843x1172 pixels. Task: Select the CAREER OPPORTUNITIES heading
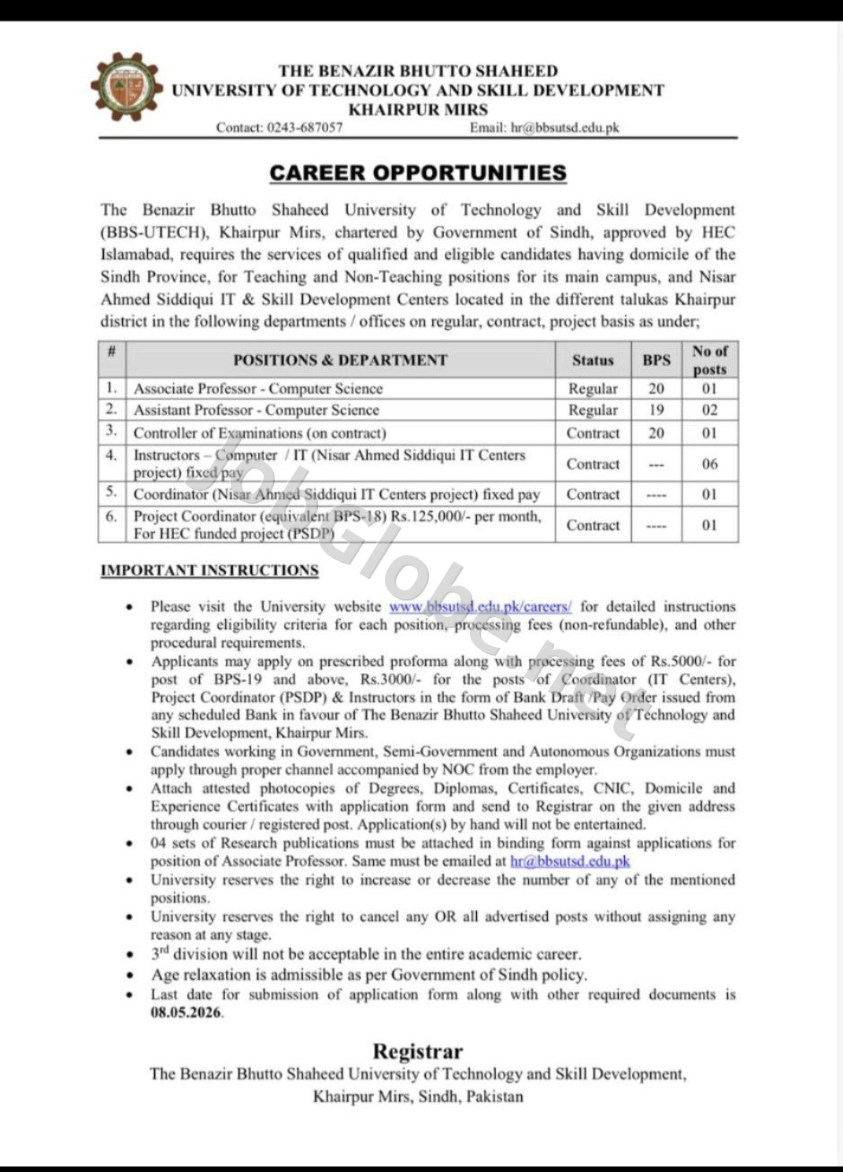(x=417, y=173)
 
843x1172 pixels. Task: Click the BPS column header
(x=656, y=360)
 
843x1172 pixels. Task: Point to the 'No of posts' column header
(x=709, y=360)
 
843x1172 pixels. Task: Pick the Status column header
(x=593, y=360)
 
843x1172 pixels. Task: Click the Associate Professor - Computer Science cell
(x=258, y=389)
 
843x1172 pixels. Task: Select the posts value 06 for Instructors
(x=709, y=464)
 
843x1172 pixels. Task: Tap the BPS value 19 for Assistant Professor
(x=656, y=410)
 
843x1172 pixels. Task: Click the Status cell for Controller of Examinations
(x=593, y=433)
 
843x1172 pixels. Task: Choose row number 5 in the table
(x=112, y=494)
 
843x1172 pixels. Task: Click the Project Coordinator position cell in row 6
(x=337, y=525)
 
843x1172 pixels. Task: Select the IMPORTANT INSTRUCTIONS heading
(x=209, y=571)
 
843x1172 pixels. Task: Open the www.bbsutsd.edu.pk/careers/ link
(x=480, y=607)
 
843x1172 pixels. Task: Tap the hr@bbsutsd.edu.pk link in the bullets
(x=570, y=861)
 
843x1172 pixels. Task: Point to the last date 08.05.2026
(x=187, y=1013)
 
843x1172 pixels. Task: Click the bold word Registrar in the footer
(x=417, y=1052)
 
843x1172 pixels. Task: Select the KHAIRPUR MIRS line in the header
(x=418, y=110)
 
